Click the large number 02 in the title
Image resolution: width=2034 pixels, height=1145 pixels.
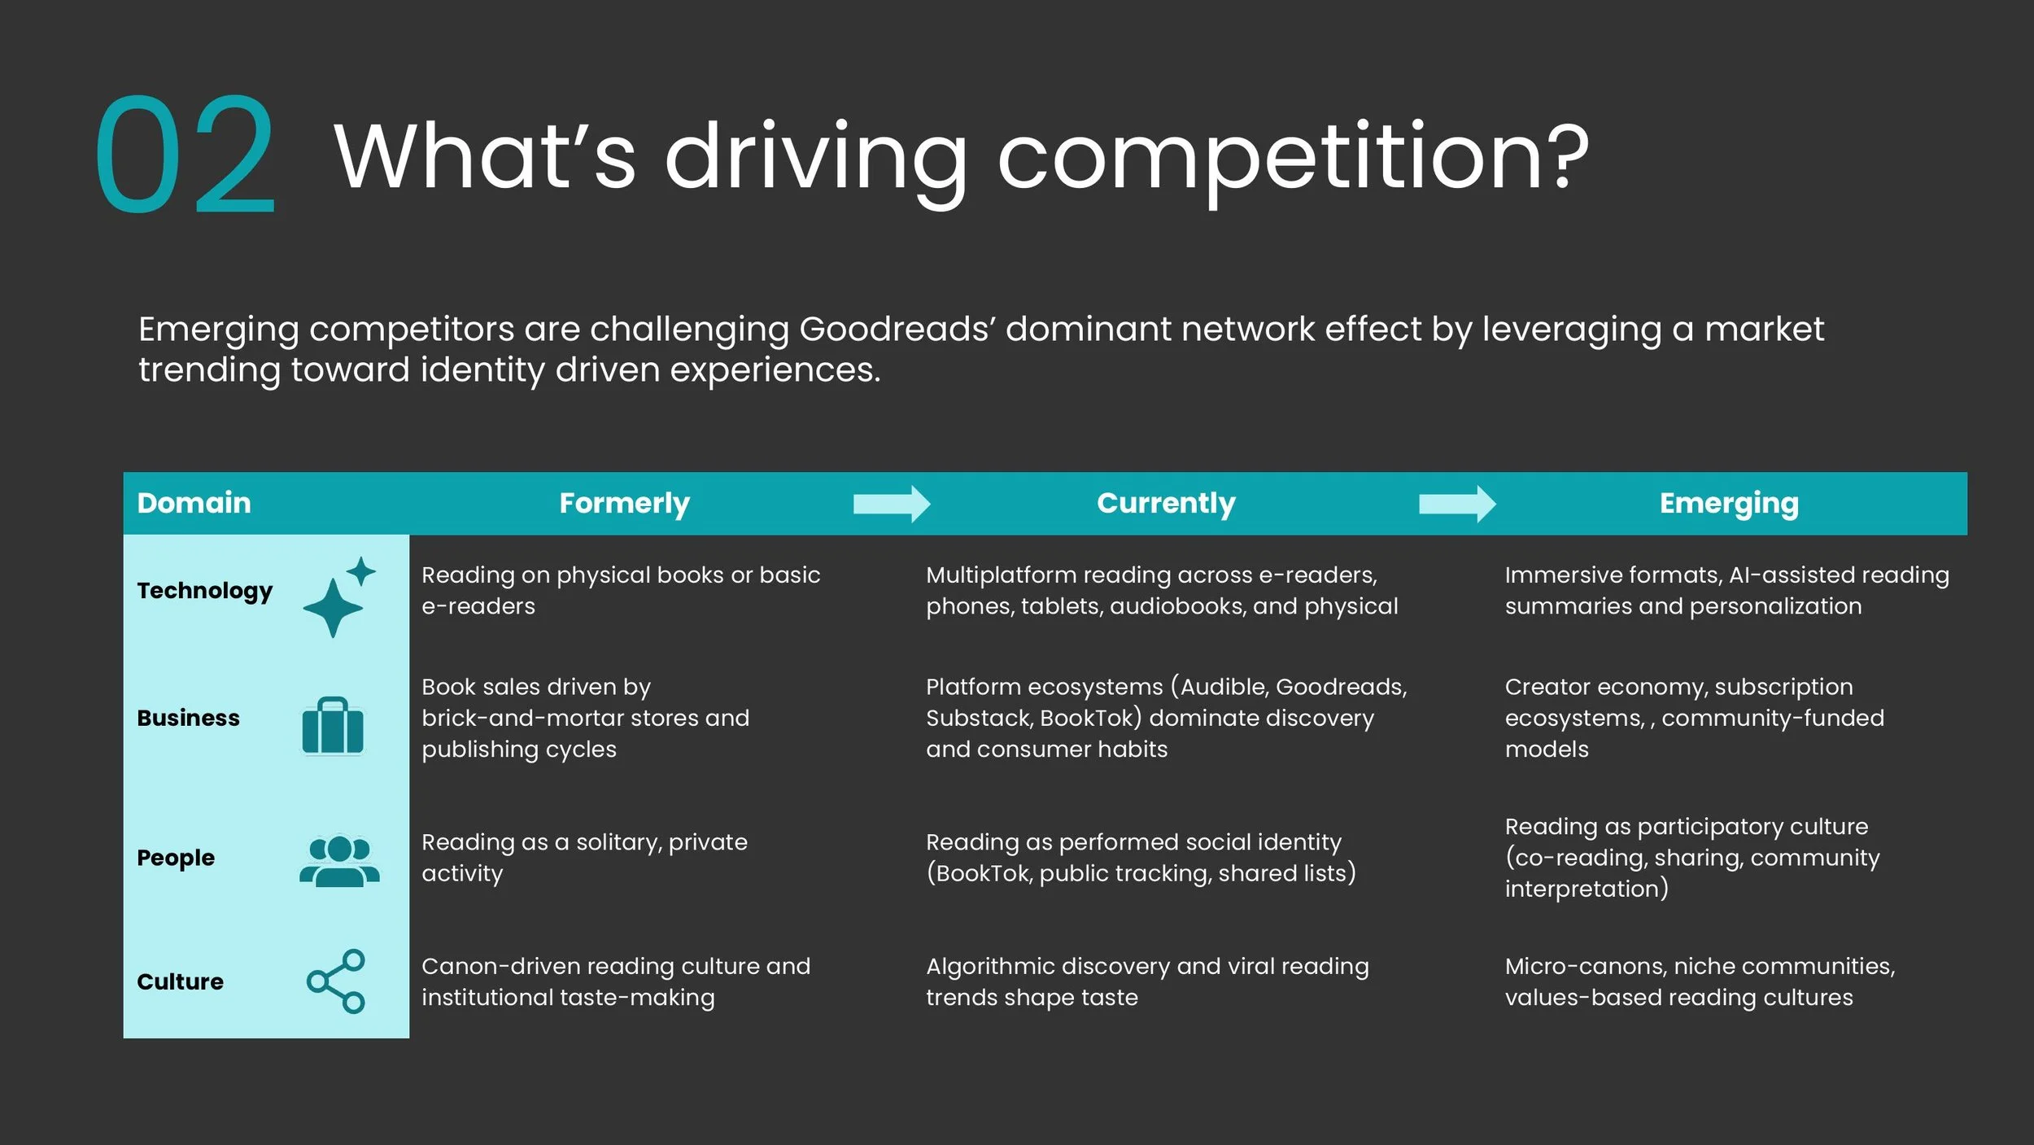click(x=186, y=155)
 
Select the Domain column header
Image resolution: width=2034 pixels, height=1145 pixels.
click(x=194, y=503)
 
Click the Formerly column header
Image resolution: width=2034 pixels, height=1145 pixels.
click(x=624, y=503)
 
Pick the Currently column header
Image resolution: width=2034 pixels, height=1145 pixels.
click(x=1165, y=503)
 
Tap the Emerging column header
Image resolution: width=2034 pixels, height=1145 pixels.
click(x=1728, y=503)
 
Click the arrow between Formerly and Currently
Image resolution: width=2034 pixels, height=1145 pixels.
click(x=891, y=504)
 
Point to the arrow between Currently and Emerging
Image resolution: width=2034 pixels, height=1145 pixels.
click(x=1456, y=504)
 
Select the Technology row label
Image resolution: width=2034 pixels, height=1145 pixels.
click(x=204, y=591)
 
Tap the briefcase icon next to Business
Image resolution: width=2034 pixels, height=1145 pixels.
click(x=333, y=726)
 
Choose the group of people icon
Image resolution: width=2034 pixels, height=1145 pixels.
click(x=339, y=860)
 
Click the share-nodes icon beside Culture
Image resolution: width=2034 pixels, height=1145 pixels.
click(x=336, y=981)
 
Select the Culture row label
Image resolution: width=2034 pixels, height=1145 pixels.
click(x=180, y=981)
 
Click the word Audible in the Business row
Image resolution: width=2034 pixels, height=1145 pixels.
click(x=1224, y=687)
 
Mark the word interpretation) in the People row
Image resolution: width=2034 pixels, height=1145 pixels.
click(x=1586, y=889)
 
